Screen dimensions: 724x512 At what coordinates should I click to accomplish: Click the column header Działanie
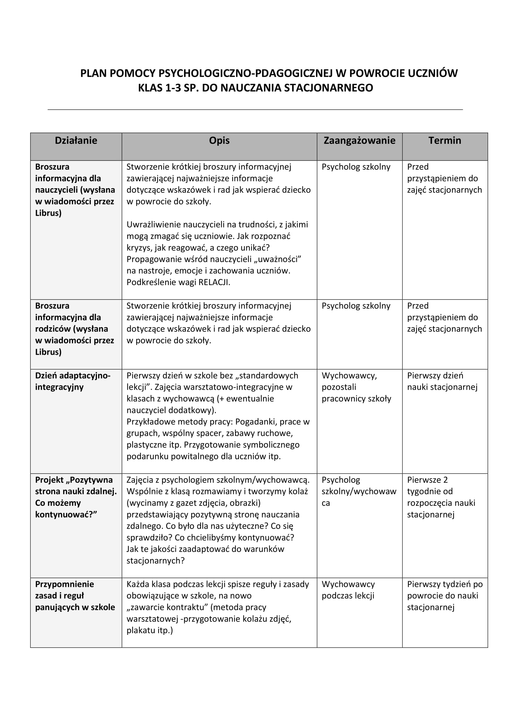coord(76,141)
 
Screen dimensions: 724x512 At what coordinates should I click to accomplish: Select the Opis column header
coord(219,141)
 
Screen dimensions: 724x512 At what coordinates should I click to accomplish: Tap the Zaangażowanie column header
coord(359,141)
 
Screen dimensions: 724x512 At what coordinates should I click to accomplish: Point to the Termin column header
coord(444,141)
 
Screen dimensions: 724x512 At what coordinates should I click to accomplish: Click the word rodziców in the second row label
coord(53,329)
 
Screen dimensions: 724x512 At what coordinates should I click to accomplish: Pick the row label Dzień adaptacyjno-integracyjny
coord(72,382)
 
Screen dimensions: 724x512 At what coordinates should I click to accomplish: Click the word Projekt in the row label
coord(49,480)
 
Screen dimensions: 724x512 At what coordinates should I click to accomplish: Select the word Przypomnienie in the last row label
coord(64,584)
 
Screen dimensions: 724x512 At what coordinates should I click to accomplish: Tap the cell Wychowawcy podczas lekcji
coord(348,590)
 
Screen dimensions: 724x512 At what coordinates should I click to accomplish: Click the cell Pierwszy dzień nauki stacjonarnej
coord(442,382)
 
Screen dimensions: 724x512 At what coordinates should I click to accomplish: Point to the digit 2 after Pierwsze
coord(445,480)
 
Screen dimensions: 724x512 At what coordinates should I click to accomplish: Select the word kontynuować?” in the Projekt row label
coord(66,515)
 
